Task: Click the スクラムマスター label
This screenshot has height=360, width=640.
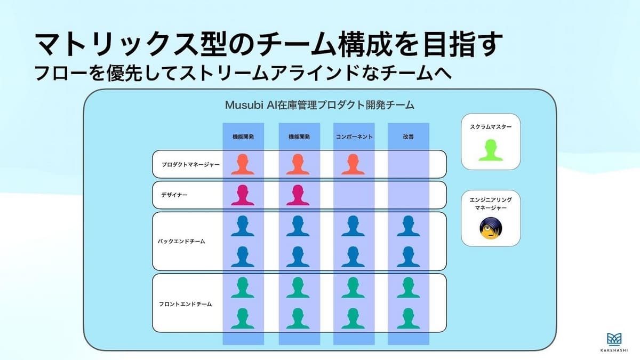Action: pyautogui.click(x=491, y=127)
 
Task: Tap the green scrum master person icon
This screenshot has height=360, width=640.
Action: pyautogui.click(x=491, y=150)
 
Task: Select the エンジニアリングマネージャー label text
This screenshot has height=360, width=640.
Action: pyautogui.click(x=491, y=204)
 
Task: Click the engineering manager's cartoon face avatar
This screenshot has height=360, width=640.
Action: pyautogui.click(x=491, y=228)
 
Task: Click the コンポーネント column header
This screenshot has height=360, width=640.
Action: pyautogui.click(x=354, y=137)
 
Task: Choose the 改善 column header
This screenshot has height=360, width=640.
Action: pyautogui.click(x=409, y=137)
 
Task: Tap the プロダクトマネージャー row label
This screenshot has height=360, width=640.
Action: pyautogui.click(x=190, y=165)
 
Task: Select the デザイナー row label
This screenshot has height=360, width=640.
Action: pyautogui.click(x=174, y=195)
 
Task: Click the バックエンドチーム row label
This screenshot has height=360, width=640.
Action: pyautogui.click(x=181, y=242)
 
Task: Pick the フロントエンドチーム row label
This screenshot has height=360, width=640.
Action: pyautogui.click(x=185, y=305)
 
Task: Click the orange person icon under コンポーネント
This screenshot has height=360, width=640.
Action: pyautogui.click(x=353, y=164)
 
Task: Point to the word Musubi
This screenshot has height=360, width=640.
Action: pyautogui.click(x=244, y=105)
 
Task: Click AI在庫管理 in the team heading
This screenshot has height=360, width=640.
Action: pyautogui.click(x=292, y=105)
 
